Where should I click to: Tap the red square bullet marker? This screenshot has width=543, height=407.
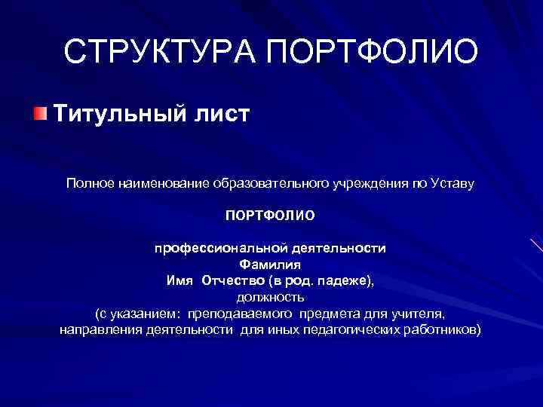click(39, 115)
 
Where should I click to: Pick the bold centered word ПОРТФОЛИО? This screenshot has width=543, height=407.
click(270, 216)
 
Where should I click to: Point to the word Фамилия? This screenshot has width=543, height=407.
click(270, 265)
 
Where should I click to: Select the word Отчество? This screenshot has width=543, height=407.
click(230, 280)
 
